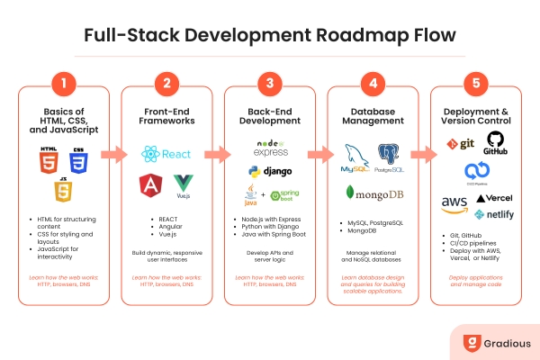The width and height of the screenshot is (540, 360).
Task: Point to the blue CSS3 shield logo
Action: [x=79, y=161]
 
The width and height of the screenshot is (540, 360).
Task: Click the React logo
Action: [x=166, y=154]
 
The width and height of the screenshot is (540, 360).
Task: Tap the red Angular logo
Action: [x=149, y=186]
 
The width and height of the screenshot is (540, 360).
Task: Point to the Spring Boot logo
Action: [x=286, y=193]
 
